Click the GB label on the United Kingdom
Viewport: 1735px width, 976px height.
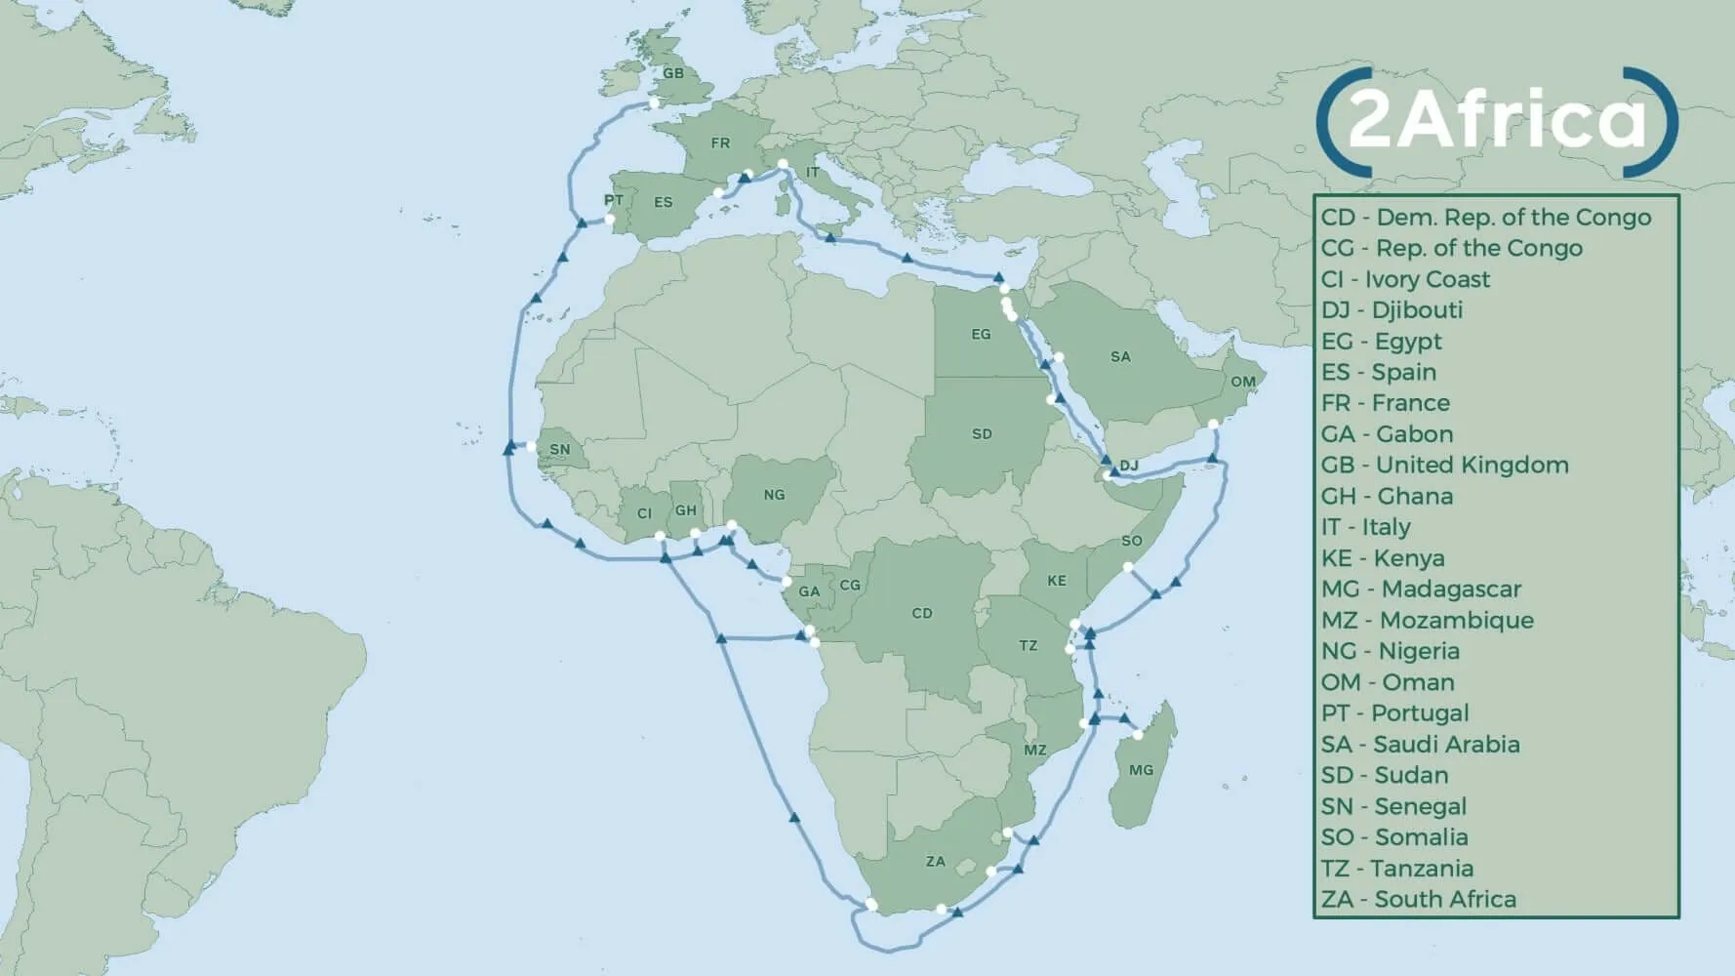673,73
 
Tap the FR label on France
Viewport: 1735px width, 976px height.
720,143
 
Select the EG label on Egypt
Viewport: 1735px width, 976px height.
981,335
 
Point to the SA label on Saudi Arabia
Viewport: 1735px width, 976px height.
1120,357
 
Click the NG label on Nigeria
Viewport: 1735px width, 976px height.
774,495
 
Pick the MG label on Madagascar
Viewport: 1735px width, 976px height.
1141,770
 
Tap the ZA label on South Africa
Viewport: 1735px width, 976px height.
935,862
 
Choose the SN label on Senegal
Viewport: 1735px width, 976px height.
559,450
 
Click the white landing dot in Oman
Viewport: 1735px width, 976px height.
1213,424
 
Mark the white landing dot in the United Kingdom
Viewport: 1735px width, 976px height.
654,102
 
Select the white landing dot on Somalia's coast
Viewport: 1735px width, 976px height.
1128,567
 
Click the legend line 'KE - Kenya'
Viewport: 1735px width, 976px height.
1383,558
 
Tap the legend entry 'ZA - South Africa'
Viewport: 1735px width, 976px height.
1418,899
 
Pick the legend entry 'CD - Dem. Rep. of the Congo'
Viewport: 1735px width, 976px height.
1485,217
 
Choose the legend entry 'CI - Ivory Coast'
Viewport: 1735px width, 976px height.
1405,279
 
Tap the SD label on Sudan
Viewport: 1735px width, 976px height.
982,433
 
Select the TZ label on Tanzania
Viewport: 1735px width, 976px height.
1028,646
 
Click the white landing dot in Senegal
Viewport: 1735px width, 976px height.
531,447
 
